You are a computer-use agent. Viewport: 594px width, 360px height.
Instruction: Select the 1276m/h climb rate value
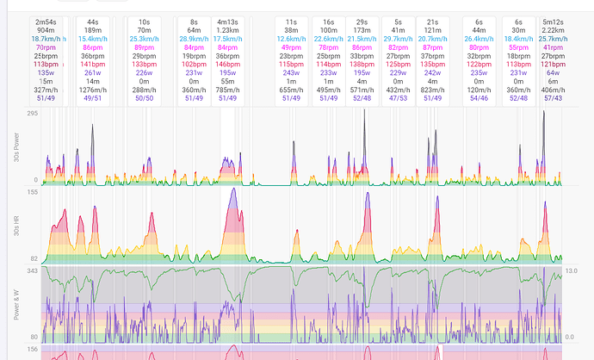click(x=91, y=90)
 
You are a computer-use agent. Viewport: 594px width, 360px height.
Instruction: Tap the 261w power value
click(x=91, y=72)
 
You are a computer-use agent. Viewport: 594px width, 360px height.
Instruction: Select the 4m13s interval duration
click(x=227, y=20)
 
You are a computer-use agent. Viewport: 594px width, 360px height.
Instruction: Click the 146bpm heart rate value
click(x=227, y=64)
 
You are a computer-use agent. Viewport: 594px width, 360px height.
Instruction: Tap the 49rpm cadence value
click(x=292, y=47)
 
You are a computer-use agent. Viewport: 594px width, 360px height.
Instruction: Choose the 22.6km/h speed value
click(x=328, y=38)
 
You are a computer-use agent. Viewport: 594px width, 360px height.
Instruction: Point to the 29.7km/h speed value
click(x=398, y=38)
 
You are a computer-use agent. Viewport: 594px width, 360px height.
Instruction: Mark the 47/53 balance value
click(x=398, y=98)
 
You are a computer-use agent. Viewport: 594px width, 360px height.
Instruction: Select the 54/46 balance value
click(x=479, y=98)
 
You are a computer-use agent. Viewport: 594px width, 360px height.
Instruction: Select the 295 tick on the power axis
click(x=33, y=114)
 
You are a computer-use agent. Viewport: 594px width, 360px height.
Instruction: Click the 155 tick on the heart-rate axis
click(x=33, y=193)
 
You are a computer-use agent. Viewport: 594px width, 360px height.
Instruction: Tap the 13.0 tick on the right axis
click(x=575, y=271)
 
